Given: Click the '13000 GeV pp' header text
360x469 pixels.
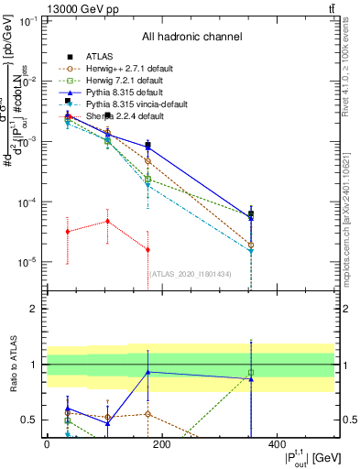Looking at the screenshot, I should point(43,7).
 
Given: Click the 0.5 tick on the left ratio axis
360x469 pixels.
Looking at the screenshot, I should point(30,420).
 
